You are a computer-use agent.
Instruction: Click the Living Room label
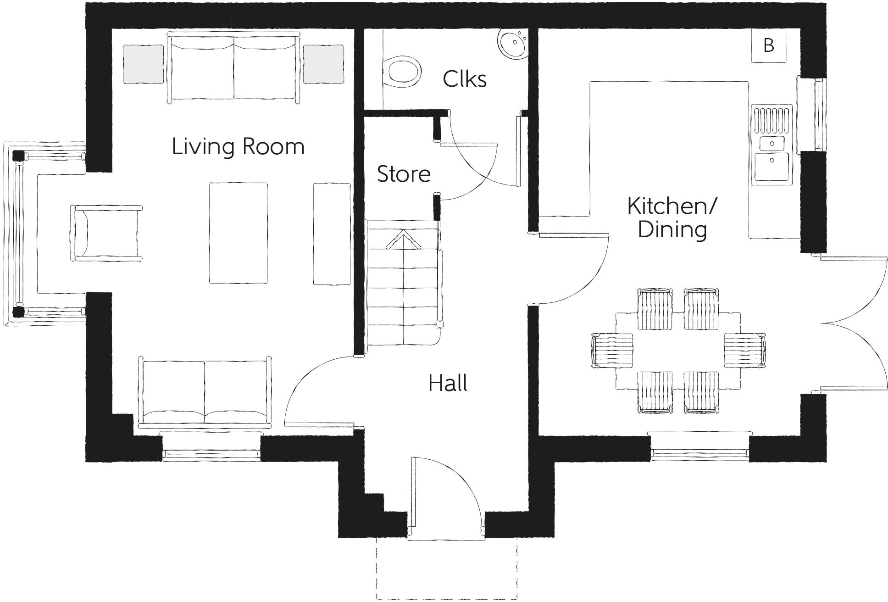pyautogui.click(x=238, y=147)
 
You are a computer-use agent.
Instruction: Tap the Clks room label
pyautogui.click(x=464, y=79)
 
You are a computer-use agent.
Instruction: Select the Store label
pyautogui.click(x=404, y=174)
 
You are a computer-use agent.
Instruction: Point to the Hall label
pyautogui.click(x=448, y=384)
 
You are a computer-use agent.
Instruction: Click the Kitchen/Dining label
pyautogui.click(x=672, y=218)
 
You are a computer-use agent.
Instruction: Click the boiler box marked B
pyautogui.click(x=769, y=45)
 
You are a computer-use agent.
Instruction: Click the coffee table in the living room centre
pyautogui.click(x=239, y=233)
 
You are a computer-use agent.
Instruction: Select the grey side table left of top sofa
pyautogui.click(x=143, y=64)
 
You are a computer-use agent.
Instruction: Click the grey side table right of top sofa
pyautogui.click(x=323, y=64)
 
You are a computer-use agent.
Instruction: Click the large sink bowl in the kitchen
pyautogui.click(x=772, y=167)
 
